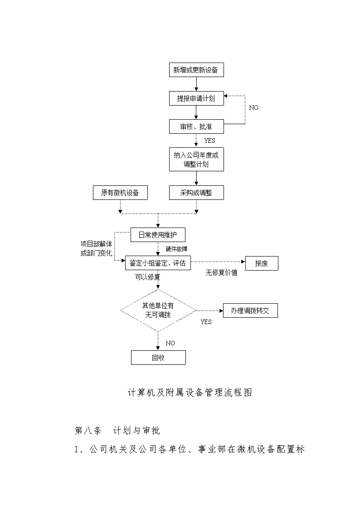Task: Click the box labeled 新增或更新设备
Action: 196,70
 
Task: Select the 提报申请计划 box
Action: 196,98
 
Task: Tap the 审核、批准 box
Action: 196,126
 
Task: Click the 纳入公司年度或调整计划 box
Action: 196,160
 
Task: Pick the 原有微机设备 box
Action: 120,193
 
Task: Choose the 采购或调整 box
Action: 196,193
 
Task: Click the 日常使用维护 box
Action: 158,235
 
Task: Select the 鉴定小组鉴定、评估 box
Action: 158,263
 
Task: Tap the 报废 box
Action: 262,263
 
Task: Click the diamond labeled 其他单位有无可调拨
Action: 158,310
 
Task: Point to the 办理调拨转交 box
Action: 250,310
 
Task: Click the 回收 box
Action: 158,358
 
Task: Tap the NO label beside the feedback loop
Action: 253,107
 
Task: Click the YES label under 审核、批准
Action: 210,141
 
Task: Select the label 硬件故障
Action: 176,249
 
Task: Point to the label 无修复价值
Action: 221,273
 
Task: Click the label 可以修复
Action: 148,277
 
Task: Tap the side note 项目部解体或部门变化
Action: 97,248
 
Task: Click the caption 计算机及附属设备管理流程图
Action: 190,393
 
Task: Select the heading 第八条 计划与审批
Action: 117,431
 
